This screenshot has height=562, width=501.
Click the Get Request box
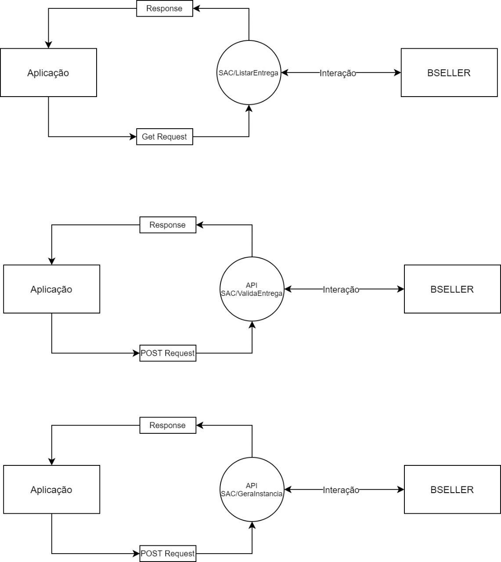[165, 137]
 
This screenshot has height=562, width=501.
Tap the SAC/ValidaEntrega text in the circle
[252, 293]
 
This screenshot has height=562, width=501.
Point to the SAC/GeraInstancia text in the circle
[252, 494]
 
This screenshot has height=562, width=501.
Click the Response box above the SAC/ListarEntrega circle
[165, 8]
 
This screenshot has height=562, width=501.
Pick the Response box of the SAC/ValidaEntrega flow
[168, 225]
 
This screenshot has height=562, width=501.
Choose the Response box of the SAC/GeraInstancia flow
[168, 425]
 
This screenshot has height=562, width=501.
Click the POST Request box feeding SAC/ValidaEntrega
[168, 353]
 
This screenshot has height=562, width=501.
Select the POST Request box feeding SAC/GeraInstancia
[168, 553]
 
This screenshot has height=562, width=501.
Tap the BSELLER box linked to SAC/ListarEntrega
[449, 72]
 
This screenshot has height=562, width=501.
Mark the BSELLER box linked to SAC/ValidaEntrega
[452, 289]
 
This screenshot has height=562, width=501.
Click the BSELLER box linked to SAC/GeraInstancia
[452, 490]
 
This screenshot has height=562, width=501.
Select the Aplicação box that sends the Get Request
[48, 72]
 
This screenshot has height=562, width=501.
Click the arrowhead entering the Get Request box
[133, 137]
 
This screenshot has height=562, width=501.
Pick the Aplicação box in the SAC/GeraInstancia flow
[51, 490]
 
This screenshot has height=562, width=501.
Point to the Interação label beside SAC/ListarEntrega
[338, 73]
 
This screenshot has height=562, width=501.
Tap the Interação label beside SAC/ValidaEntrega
[341, 289]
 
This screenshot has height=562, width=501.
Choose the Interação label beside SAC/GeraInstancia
[341, 490]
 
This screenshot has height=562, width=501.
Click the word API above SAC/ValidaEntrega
[252, 285]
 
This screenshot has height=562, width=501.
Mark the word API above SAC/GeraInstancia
[252, 486]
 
